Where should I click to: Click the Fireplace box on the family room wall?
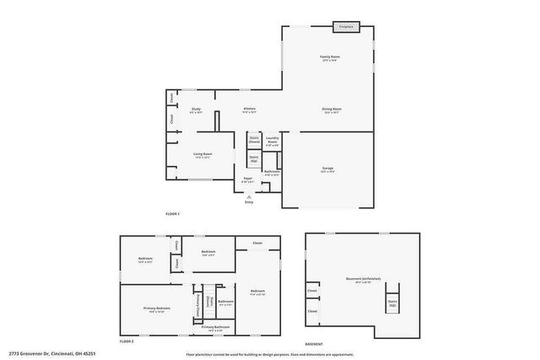click(346, 27)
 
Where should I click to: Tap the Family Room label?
click(328, 58)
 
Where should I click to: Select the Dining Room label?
click(331, 109)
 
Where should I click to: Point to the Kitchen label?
click(250, 109)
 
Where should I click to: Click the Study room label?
click(195, 109)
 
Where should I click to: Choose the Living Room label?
click(202, 154)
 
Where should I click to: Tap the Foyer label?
click(248, 179)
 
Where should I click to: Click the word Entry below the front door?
click(248, 202)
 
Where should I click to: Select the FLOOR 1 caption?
click(173, 214)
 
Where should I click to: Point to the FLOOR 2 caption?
click(127, 341)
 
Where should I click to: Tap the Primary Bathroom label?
click(222, 326)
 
